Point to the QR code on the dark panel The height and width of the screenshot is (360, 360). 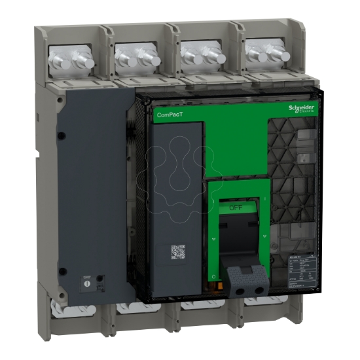[179, 253]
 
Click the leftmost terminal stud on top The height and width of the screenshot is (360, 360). [63, 60]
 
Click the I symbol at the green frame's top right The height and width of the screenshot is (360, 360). [266, 197]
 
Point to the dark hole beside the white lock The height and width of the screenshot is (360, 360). [99, 279]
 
